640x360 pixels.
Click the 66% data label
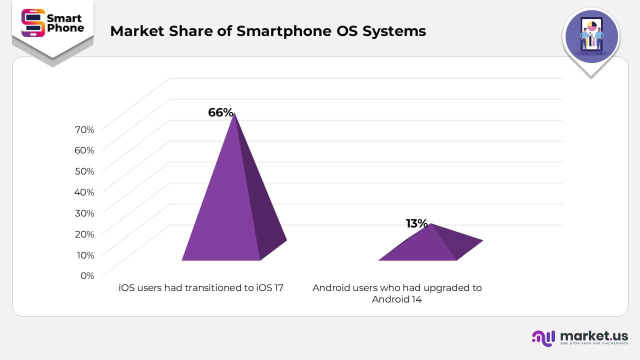pyautogui.click(x=220, y=112)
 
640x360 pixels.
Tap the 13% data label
pyautogui.click(x=416, y=223)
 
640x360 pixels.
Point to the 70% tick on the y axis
pyautogui.click(x=84, y=129)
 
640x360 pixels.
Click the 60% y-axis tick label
pyautogui.click(x=84, y=150)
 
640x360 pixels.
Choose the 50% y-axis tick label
pyautogui.click(x=84, y=171)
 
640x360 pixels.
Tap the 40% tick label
pyautogui.click(x=84, y=192)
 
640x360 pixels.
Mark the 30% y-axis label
pyautogui.click(x=84, y=213)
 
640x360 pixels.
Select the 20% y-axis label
pyautogui.click(x=84, y=234)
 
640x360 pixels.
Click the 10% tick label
pyautogui.click(x=84, y=255)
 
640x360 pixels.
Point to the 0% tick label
pyautogui.click(x=87, y=275)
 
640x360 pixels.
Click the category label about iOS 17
pyautogui.click(x=201, y=288)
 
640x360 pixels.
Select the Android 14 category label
pyautogui.click(x=397, y=293)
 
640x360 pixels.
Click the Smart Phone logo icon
pyautogui.click(x=33, y=23)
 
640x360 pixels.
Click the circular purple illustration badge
pyautogui.click(x=591, y=37)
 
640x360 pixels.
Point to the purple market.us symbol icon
pyautogui.click(x=543, y=338)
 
